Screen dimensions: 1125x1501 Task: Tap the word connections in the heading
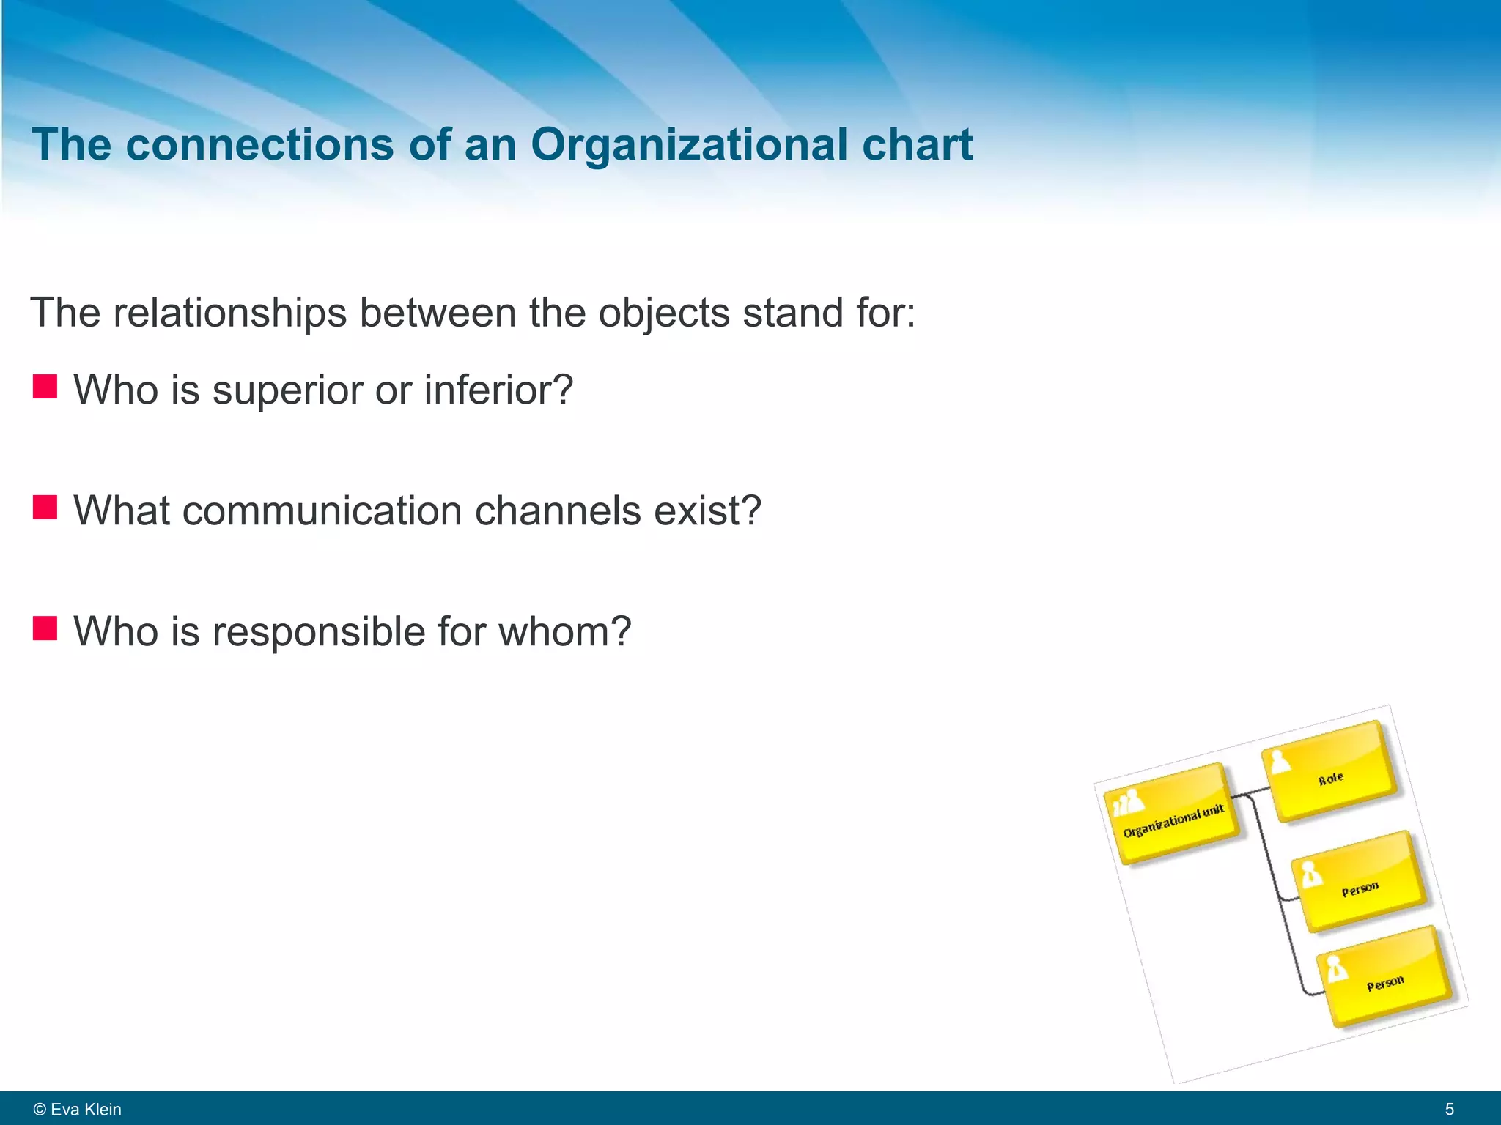[259, 144]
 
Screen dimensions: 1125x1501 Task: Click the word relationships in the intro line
[229, 313]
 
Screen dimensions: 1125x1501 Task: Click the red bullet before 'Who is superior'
[45, 386]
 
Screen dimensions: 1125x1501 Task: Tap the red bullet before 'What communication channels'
[45, 507]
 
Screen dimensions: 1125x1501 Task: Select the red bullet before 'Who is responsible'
[45, 628]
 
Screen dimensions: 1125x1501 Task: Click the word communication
[322, 510]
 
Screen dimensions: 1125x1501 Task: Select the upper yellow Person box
[1360, 882]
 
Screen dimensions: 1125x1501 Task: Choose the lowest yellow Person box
[1385, 977]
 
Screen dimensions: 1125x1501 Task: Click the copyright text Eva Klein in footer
[78, 1109]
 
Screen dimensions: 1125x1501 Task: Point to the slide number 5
[1449, 1109]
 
